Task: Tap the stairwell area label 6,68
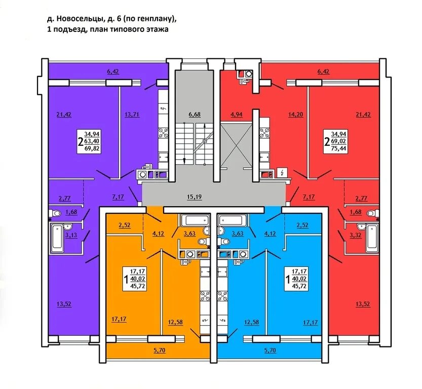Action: tap(195, 114)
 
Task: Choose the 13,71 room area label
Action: tap(132, 114)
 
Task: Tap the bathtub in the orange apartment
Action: tap(195, 220)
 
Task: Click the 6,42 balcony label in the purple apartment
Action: tap(113, 72)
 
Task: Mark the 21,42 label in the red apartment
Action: tap(363, 114)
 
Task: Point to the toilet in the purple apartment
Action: tap(54, 213)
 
